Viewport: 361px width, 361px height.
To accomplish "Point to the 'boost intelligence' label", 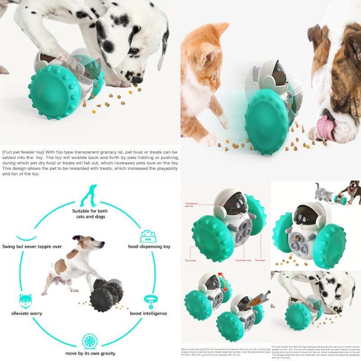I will (149, 313).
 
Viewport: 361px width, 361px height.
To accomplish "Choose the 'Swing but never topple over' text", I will (32, 247).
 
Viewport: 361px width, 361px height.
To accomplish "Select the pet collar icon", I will (149, 300).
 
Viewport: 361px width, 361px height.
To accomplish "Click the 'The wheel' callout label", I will (190, 260).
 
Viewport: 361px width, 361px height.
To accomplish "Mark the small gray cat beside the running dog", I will (324, 193).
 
